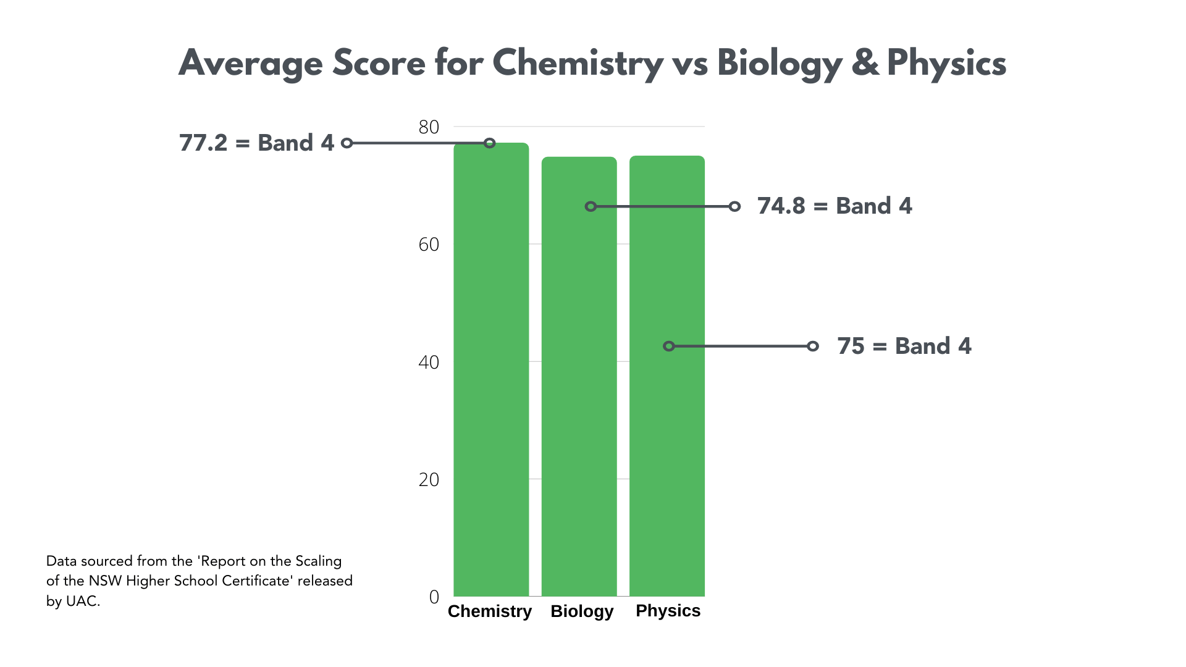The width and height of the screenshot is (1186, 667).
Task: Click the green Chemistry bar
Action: tap(491, 371)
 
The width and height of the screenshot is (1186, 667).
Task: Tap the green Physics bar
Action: tap(667, 432)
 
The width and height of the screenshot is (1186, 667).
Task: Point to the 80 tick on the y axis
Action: tap(429, 127)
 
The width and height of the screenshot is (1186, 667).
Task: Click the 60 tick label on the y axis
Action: tap(429, 245)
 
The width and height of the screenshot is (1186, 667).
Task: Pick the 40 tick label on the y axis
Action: tap(429, 362)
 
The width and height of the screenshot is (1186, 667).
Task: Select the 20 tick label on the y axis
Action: tap(429, 480)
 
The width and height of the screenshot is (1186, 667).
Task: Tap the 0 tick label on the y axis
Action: tap(434, 597)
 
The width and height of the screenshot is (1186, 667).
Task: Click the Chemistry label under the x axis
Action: tap(489, 611)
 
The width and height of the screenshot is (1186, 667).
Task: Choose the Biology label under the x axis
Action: tap(582, 611)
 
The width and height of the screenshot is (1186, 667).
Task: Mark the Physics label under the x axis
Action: tap(668, 611)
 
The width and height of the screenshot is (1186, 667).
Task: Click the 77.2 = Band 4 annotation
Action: tap(256, 143)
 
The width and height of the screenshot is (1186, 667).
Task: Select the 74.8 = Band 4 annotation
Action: tap(835, 206)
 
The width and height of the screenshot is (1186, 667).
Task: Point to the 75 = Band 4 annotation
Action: tap(904, 346)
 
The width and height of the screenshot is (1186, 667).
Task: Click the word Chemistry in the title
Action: tap(578, 64)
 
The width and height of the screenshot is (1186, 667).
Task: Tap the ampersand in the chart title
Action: tap(865, 64)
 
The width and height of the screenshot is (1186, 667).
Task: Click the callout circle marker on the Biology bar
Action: tap(591, 206)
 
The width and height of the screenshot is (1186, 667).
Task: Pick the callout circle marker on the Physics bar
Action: tap(668, 346)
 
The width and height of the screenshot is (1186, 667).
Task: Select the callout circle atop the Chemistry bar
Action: tap(489, 143)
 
